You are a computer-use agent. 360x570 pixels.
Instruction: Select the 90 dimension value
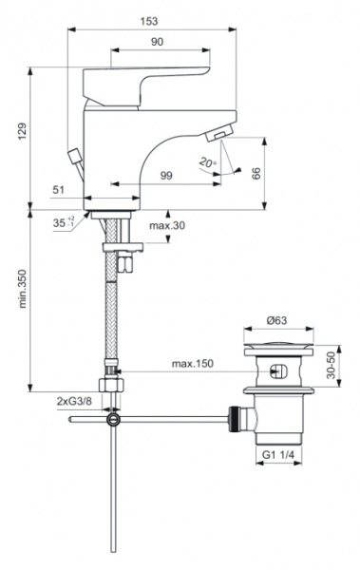(157, 41)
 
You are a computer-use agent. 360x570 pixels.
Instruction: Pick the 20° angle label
(208, 162)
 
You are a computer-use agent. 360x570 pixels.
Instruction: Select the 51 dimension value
(59, 191)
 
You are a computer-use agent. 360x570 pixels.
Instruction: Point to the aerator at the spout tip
(220, 138)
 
